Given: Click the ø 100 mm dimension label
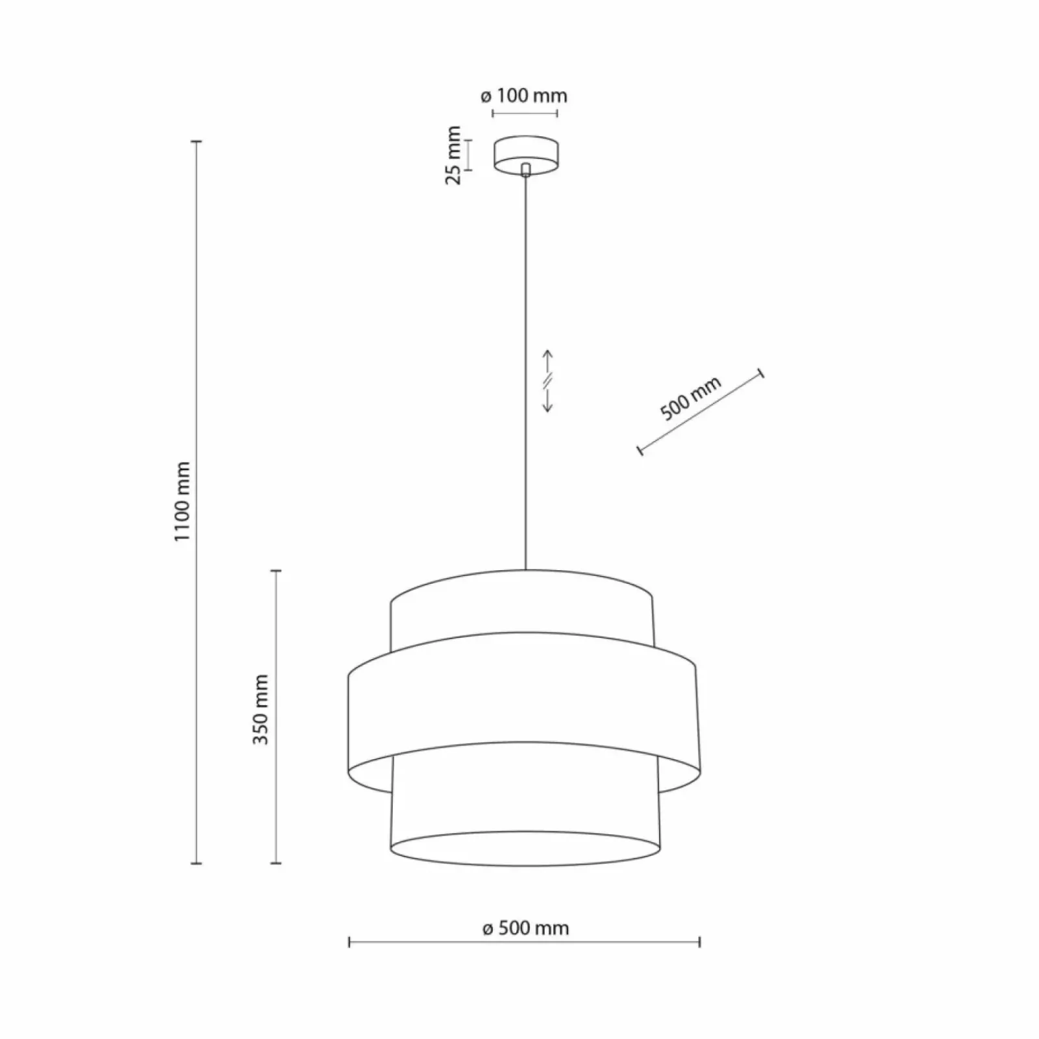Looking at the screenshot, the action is [524, 96].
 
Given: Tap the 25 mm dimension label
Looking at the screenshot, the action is [453, 155].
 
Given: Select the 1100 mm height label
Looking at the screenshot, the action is [183, 502].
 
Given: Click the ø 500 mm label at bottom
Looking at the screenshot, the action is [525, 928].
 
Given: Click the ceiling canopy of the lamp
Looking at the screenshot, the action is [525, 155].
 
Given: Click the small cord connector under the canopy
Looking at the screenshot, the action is [525, 169].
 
